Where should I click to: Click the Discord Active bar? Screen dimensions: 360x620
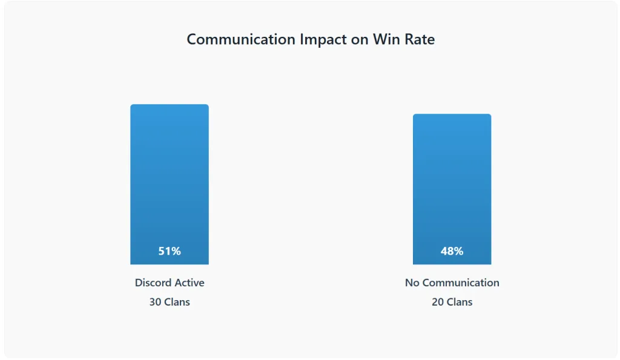point(170,182)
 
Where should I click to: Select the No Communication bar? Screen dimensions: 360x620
point(452,188)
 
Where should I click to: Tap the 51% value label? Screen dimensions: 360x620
point(170,251)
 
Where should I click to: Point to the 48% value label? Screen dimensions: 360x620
point(452,251)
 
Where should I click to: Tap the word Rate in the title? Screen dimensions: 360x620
point(420,40)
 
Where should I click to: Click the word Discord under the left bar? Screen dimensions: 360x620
point(152,283)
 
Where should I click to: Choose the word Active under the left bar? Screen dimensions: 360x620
point(188,283)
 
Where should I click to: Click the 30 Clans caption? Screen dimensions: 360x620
point(170,302)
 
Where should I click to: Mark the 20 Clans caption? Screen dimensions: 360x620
point(452,302)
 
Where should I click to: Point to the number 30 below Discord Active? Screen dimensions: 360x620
point(155,302)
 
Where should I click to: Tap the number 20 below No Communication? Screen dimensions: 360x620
point(438,302)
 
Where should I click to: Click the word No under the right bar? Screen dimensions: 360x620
point(412,283)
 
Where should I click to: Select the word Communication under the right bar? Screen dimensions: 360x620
point(461,283)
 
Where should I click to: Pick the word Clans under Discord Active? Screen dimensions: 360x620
point(177,302)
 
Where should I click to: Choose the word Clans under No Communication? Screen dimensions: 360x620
point(460,302)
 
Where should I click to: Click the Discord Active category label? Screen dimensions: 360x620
point(170,283)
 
